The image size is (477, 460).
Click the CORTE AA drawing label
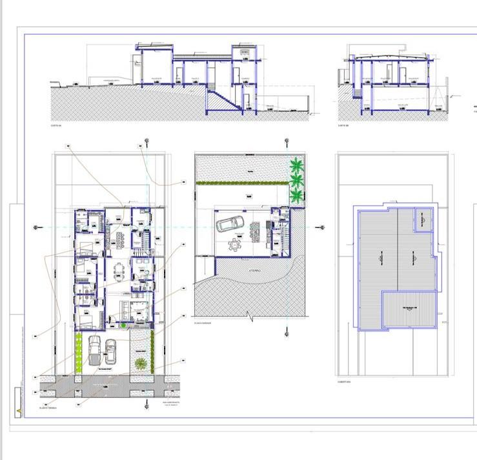tap(55, 126)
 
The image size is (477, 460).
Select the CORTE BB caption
tap(343, 126)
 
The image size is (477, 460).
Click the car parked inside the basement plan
tap(230, 224)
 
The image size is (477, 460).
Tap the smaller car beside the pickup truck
tap(110, 351)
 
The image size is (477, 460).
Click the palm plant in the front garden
tap(139, 363)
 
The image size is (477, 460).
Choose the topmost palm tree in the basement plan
tap(296, 164)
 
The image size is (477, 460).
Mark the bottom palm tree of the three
tap(297, 194)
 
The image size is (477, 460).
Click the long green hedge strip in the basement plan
tap(239, 183)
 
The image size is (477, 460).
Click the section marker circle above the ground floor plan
tap(147, 141)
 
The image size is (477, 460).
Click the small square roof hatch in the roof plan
tap(422, 220)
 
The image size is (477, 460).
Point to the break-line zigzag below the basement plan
tap(249, 317)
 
